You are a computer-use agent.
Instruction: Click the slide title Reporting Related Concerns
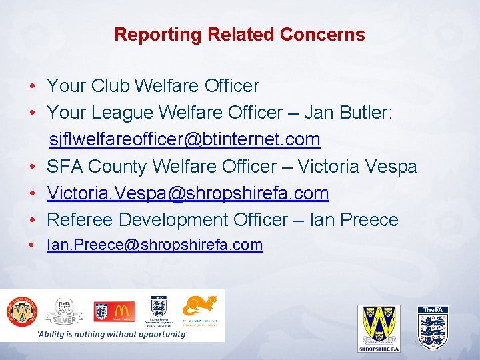(239, 35)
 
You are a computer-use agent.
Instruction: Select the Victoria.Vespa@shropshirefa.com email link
(188, 193)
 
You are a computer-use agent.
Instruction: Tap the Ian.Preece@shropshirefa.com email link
(155, 245)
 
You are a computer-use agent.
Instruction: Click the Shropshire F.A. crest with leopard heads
(379, 326)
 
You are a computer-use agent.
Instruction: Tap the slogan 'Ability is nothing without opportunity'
(113, 334)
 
